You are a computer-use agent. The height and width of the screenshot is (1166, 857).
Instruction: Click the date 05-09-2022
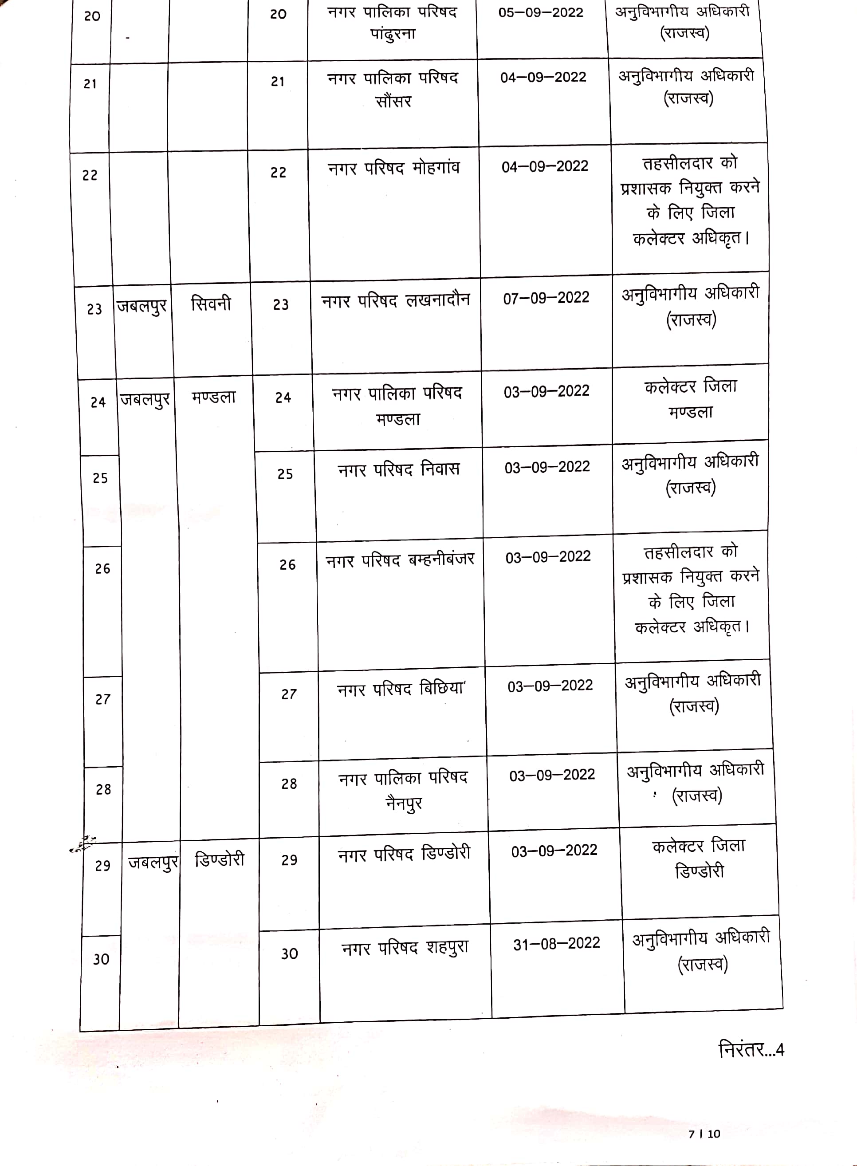click(541, 12)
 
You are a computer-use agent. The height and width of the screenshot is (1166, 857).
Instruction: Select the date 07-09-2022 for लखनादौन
click(546, 298)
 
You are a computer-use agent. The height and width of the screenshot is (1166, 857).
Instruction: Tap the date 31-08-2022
click(556, 943)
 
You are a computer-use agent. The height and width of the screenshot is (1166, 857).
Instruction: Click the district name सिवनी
click(211, 303)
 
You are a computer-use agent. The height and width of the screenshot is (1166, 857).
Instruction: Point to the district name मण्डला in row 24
click(213, 398)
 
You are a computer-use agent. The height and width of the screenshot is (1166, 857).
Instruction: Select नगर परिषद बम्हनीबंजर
click(400, 560)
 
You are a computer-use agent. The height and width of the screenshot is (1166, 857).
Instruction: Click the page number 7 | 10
click(704, 1134)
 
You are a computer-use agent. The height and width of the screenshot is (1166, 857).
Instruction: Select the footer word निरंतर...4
click(751, 1050)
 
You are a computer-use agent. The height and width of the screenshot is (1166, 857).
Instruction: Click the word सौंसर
click(393, 102)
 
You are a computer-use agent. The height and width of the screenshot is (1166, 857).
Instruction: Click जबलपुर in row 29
click(153, 863)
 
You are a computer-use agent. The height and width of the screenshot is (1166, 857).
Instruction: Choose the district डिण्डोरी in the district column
click(220, 860)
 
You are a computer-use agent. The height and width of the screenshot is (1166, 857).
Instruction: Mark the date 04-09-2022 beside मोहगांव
click(545, 166)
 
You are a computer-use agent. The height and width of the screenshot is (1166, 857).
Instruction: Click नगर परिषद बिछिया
click(401, 689)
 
